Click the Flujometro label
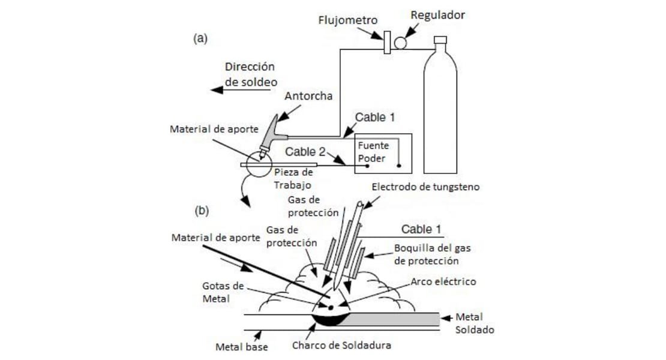(348, 20)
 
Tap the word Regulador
(437, 14)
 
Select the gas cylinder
(440, 108)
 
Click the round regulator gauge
(400, 42)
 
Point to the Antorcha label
(308, 96)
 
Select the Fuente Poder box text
(373, 152)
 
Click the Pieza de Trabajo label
(293, 178)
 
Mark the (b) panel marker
(200, 211)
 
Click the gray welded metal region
(396, 319)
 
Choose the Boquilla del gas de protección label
(426, 254)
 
